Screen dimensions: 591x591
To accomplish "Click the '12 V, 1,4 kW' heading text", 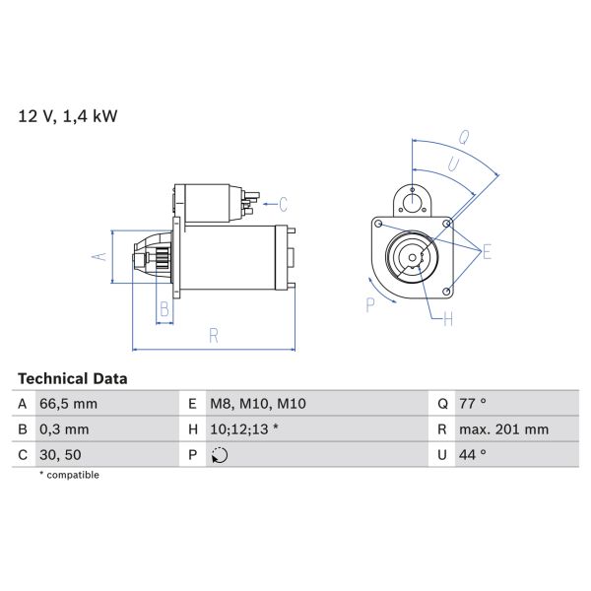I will (x=68, y=116).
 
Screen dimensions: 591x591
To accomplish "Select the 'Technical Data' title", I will (x=73, y=378).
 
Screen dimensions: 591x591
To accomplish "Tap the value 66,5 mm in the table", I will (x=69, y=404).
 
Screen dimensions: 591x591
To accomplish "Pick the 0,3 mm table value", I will (x=65, y=429).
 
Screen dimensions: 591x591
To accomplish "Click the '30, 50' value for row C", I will (x=60, y=455).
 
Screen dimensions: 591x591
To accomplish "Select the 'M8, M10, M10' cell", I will (x=257, y=404).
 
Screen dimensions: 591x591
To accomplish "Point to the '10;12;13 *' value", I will (x=245, y=429).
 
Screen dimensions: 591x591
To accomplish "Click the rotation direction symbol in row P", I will (x=219, y=455).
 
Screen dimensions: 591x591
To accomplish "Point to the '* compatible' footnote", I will (x=69, y=475).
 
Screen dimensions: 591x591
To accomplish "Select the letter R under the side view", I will (x=214, y=335).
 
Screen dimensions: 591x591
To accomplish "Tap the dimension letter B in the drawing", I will (x=164, y=309).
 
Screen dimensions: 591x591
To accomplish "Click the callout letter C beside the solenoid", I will (x=283, y=205).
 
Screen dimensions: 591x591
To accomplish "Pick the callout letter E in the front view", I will (x=487, y=253).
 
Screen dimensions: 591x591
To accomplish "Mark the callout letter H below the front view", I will (x=447, y=318).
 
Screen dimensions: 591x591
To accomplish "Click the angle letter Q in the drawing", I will (x=464, y=137).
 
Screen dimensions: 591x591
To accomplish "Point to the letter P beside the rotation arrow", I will (x=371, y=304).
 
